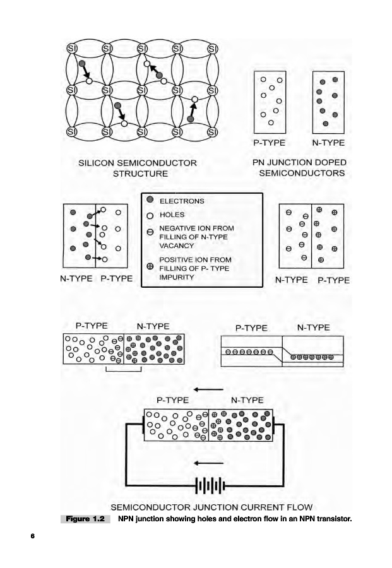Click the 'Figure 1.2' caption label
(x=86, y=519)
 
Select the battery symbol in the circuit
(x=210, y=486)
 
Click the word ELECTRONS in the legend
(x=182, y=201)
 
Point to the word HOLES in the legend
(x=172, y=215)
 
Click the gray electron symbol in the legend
(x=150, y=200)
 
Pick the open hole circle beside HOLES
(x=150, y=215)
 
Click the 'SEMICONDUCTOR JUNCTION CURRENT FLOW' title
(x=211, y=507)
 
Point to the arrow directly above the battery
(x=210, y=459)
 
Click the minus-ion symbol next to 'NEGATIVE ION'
(x=150, y=232)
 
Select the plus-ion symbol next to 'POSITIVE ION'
(x=150, y=266)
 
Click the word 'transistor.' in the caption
(x=330, y=519)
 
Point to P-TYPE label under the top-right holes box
(x=269, y=143)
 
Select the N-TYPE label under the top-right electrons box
(x=328, y=143)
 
